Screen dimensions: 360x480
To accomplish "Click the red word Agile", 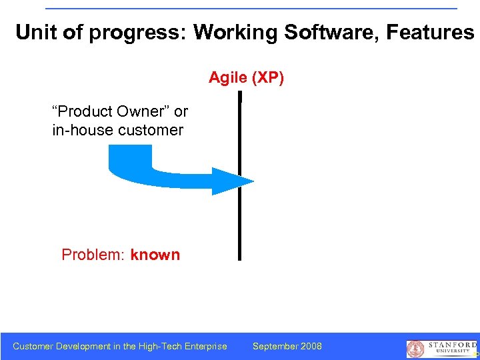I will [x=229, y=79].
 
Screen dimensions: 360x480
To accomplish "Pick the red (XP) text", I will [x=268, y=79].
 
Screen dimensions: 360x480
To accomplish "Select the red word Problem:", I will [x=93, y=255].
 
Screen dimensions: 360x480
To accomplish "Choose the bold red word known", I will [x=155, y=255].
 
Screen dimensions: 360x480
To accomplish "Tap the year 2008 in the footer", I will [x=311, y=346].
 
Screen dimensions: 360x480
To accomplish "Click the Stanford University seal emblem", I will [x=415, y=349].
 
